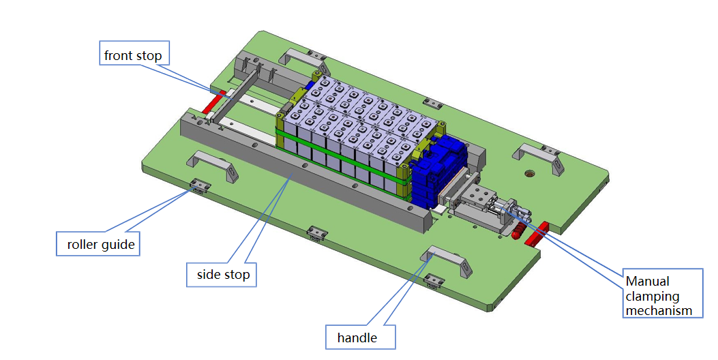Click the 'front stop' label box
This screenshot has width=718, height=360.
(133, 55)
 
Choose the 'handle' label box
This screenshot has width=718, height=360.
(357, 337)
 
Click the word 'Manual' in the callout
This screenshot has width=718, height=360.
(648, 281)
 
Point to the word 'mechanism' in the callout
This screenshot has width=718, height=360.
(659, 311)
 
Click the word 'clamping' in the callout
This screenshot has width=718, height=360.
(653, 296)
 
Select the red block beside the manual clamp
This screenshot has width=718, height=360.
(537, 232)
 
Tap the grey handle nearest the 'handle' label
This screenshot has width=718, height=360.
(447, 261)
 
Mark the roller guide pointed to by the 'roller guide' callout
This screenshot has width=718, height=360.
(200, 185)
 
